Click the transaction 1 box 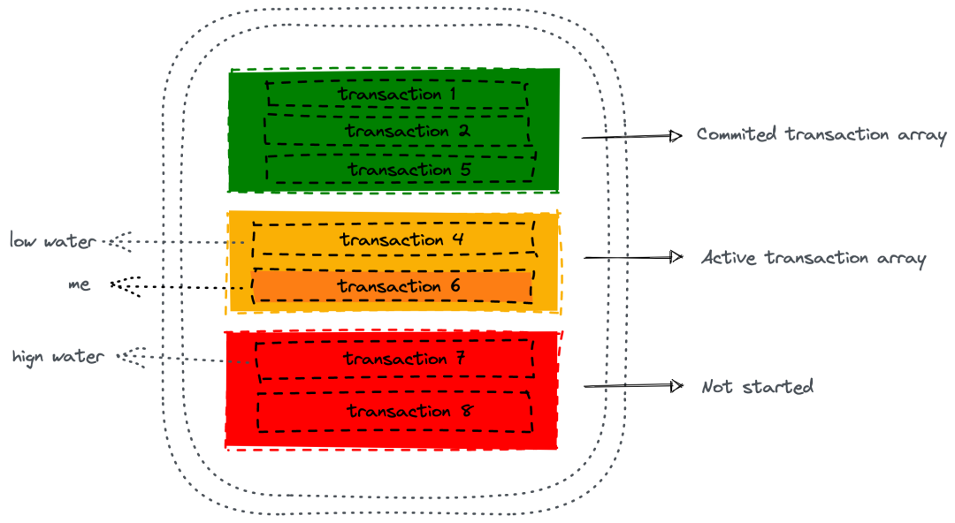click(x=394, y=95)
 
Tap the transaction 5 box click(x=400, y=169)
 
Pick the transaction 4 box click(x=393, y=240)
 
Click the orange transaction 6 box click(x=393, y=286)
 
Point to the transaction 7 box click(x=394, y=359)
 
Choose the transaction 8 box click(x=394, y=411)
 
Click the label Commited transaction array click(x=821, y=135)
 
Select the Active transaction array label click(x=814, y=258)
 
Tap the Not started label click(x=757, y=387)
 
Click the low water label click(x=53, y=240)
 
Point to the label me click(x=79, y=285)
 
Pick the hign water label click(x=58, y=357)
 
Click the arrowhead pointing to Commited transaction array click(x=676, y=136)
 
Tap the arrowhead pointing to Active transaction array click(x=676, y=257)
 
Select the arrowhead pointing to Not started click(x=676, y=386)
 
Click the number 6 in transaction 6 click(x=455, y=286)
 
